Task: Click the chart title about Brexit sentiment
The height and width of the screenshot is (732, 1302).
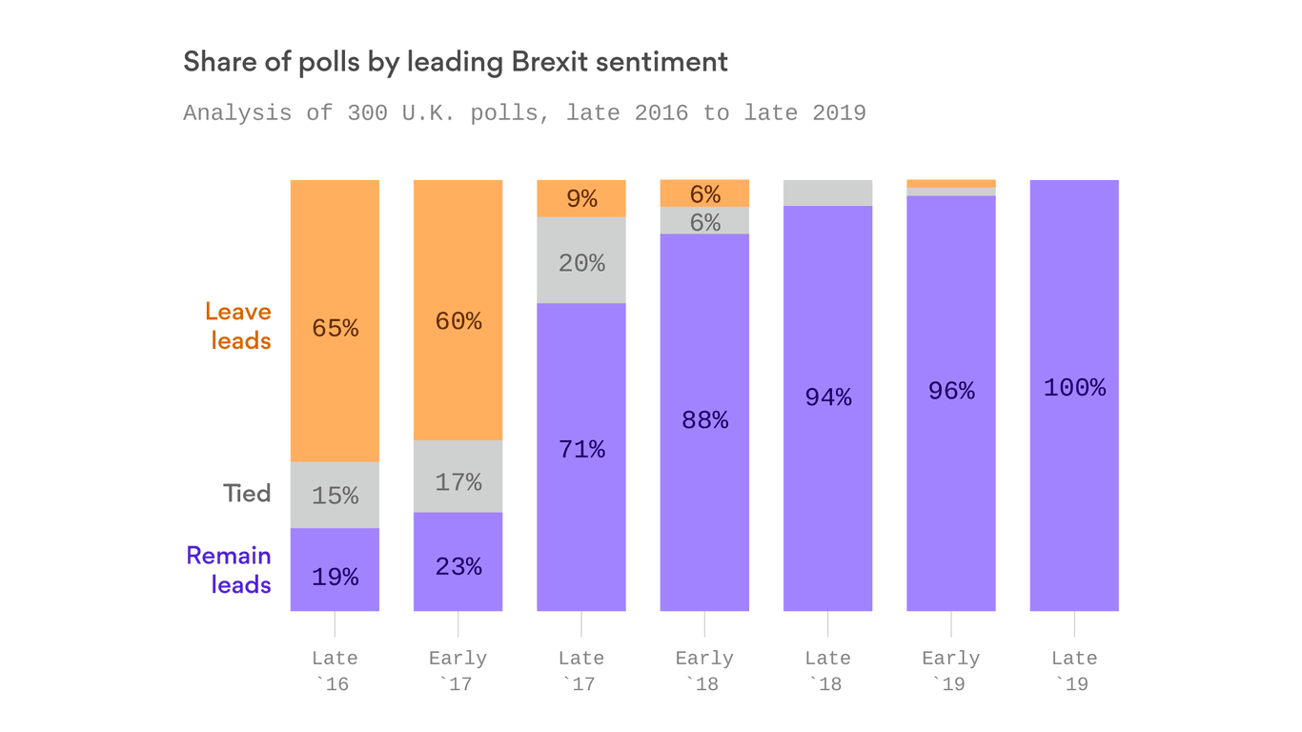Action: [x=455, y=63]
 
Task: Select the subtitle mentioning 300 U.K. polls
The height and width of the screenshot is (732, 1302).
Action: [x=524, y=112]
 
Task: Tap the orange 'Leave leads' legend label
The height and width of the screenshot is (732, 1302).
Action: [x=238, y=326]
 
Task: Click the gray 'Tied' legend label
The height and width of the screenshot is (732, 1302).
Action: [x=247, y=493]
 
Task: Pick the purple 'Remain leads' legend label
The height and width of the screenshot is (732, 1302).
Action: [x=229, y=569]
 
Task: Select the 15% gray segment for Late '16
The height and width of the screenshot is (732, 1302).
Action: [x=335, y=495]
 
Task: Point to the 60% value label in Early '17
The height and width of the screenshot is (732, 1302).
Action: [x=458, y=321]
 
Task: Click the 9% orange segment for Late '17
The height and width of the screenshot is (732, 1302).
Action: [x=581, y=198]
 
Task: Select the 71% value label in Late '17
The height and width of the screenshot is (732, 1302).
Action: [x=581, y=449]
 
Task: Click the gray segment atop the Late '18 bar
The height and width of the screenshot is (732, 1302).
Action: [x=827, y=193]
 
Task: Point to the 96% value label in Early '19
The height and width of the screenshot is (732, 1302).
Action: [x=951, y=391]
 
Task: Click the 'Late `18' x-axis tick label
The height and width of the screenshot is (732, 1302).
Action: [x=827, y=671]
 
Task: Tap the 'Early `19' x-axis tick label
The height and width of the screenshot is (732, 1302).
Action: [x=951, y=671]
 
